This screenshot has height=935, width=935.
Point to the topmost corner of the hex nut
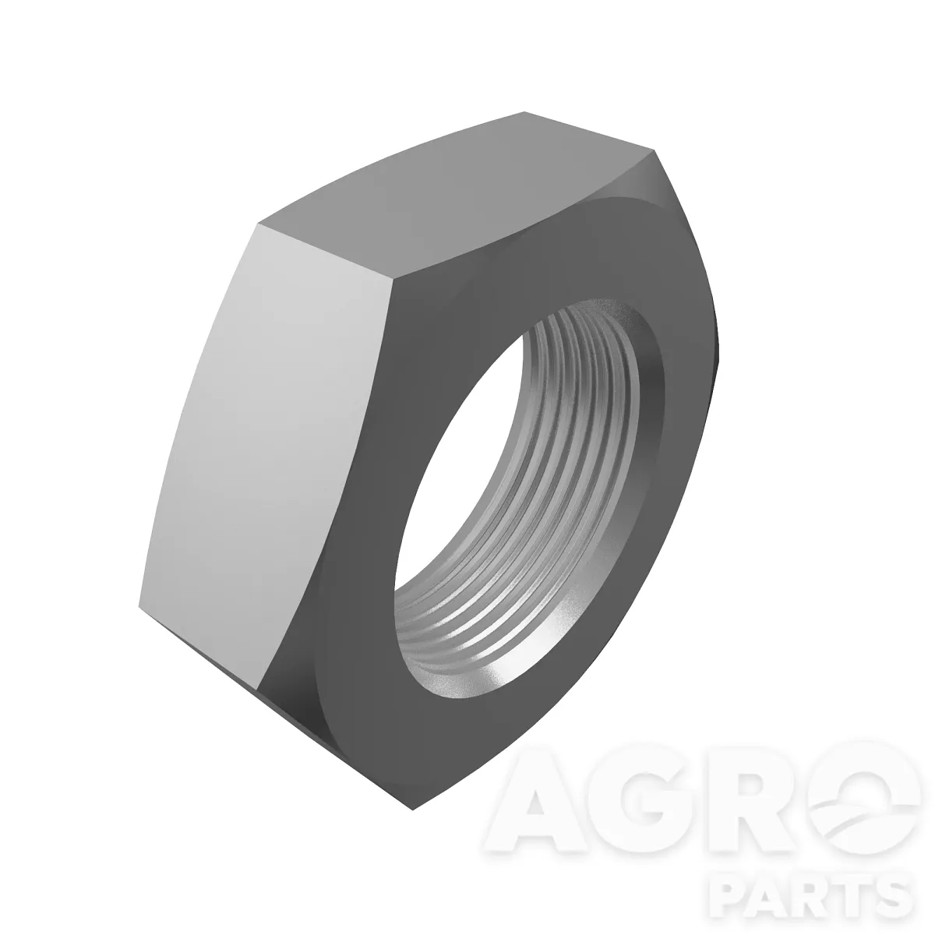[525, 112]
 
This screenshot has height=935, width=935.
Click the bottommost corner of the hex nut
[412, 810]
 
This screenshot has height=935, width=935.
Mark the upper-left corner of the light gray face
[259, 224]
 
